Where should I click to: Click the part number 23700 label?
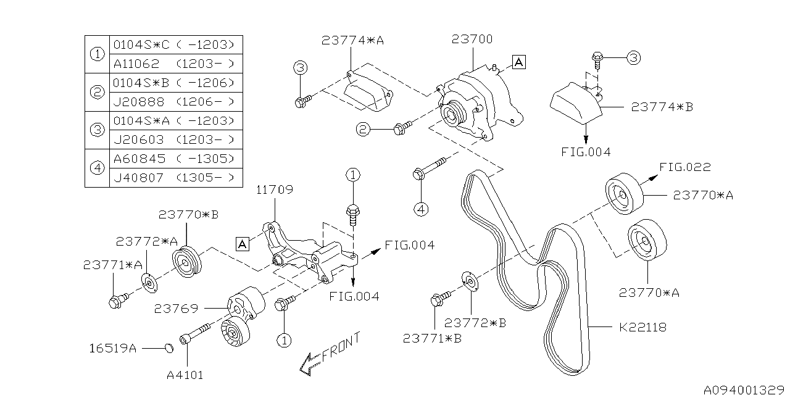(x=472, y=39)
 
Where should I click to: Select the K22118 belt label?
(x=642, y=328)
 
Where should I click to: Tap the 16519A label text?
(x=112, y=349)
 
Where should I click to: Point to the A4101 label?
(x=185, y=375)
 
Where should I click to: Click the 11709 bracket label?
(x=275, y=189)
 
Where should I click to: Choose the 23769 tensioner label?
(x=176, y=309)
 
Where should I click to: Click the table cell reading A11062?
(x=136, y=64)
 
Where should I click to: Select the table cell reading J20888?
(x=139, y=102)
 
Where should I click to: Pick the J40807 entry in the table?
(x=139, y=178)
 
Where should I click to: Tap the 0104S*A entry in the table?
(x=141, y=121)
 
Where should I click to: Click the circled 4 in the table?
(x=97, y=168)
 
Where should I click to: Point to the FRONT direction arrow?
(x=330, y=354)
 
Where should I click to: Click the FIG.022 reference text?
(x=685, y=167)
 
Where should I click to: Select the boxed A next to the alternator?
(x=519, y=62)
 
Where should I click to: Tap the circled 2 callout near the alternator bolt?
(x=364, y=130)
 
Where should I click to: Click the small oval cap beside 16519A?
(x=170, y=349)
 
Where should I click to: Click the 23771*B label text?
(x=433, y=339)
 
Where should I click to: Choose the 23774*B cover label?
(x=662, y=107)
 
